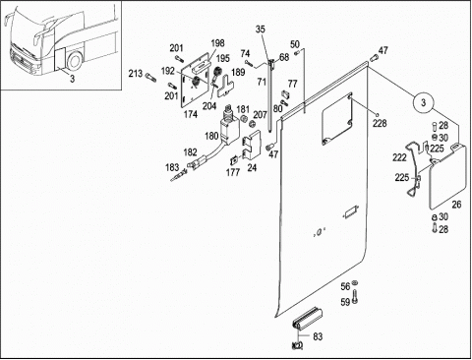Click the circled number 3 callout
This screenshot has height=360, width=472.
(x=423, y=102)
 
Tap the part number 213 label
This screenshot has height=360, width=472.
(x=136, y=74)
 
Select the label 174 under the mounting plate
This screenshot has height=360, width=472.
(x=191, y=114)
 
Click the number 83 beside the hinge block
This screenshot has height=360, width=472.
(x=318, y=336)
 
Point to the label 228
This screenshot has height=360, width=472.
(x=380, y=123)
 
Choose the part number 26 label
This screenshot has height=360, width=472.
(x=456, y=205)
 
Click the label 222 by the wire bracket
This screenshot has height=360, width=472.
(x=399, y=157)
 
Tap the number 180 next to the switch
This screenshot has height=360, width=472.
(x=211, y=136)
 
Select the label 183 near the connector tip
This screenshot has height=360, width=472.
(x=172, y=167)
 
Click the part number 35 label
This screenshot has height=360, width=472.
(x=260, y=30)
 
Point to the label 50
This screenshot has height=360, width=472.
(x=295, y=44)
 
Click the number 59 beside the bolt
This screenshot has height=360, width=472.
(x=345, y=302)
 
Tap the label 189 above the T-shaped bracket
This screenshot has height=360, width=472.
(x=238, y=72)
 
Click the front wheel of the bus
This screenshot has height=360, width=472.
(x=75, y=61)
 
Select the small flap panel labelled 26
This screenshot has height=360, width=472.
(x=447, y=177)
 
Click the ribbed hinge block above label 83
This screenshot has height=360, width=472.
(x=307, y=319)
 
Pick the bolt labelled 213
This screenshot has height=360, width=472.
(x=150, y=78)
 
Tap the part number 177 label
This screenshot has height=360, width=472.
(x=233, y=172)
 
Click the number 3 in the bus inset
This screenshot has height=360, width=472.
(x=72, y=79)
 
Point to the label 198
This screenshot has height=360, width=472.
(x=217, y=43)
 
